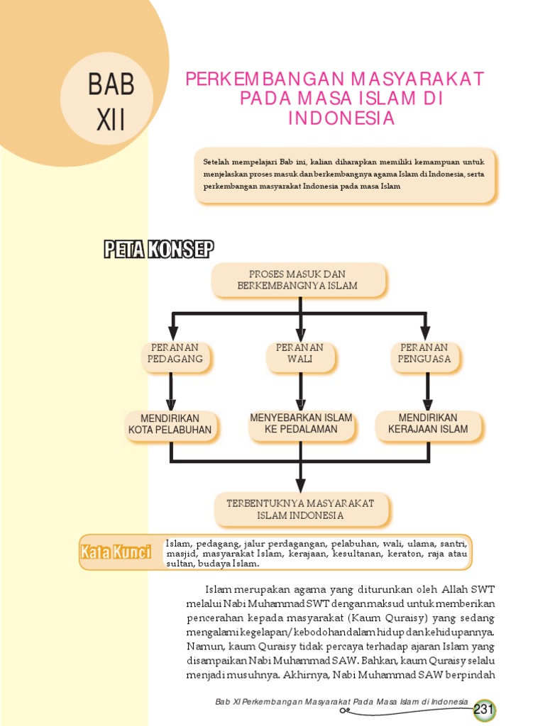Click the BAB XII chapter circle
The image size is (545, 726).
(x=106, y=99)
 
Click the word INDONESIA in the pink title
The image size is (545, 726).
(x=341, y=118)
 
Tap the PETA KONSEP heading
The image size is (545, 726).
(x=158, y=250)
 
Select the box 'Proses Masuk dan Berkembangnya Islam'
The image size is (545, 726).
(x=298, y=280)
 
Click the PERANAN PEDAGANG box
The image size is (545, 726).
(x=175, y=353)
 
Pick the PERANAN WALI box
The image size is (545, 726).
(x=299, y=353)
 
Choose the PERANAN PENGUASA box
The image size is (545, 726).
(x=424, y=353)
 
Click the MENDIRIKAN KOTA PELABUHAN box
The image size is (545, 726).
(x=170, y=424)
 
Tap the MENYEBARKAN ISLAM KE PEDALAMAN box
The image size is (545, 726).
(x=301, y=424)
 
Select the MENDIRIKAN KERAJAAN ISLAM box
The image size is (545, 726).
(x=428, y=424)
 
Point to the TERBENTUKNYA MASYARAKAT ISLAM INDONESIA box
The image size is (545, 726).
(x=300, y=509)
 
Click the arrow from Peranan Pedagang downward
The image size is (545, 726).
(x=171, y=391)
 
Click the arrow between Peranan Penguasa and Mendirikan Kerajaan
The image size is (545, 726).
(x=427, y=391)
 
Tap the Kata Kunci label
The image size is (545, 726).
(x=116, y=552)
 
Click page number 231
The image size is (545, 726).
(x=484, y=709)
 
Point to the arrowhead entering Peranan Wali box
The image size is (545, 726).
(x=300, y=333)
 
